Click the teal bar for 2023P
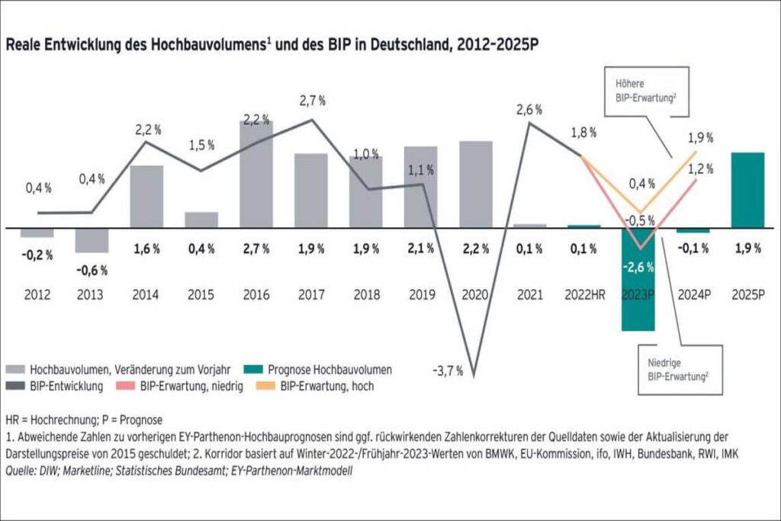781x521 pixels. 638,305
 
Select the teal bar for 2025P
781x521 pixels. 747,190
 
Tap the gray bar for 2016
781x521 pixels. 256,175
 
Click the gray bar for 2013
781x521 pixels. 92,240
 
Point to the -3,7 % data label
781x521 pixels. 448,371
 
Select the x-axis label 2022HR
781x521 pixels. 583,294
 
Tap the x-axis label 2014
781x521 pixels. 146,294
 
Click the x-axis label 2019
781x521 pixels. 420,294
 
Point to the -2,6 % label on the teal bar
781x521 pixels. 638,267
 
